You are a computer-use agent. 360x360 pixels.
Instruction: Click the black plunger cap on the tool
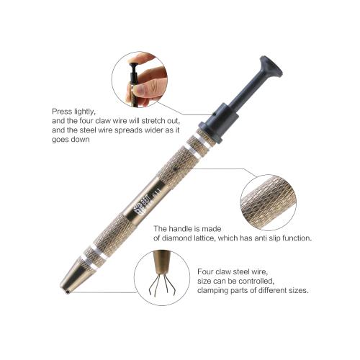(271, 68)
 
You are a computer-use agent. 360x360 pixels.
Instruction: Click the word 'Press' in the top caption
(62, 112)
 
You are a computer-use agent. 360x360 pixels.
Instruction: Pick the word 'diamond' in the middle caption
(176, 238)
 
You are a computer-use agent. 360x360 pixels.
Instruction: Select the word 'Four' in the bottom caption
(205, 271)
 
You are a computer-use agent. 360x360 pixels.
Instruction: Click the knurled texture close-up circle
(269, 202)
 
